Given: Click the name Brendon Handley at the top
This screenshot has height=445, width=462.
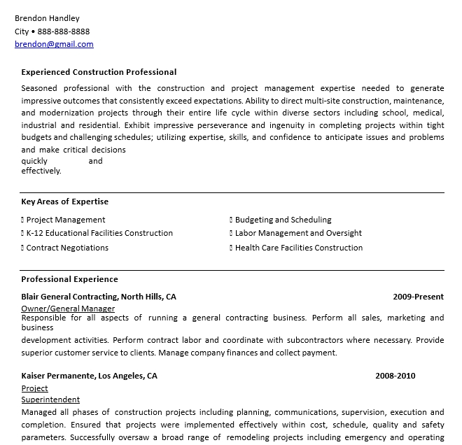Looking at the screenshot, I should click(x=47, y=18).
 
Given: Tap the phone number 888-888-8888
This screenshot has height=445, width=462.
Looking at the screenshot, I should click(x=64, y=31).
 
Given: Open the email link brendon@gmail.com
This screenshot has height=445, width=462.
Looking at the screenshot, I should click(x=54, y=44).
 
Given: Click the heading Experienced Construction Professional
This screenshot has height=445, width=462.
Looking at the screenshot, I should click(x=99, y=72).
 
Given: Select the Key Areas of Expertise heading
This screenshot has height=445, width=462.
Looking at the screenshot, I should click(x=64, y=202).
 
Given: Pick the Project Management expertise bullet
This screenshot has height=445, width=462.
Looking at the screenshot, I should click(x=66, y=220).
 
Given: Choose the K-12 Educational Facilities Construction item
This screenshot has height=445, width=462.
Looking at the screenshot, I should click(x=99, y=233).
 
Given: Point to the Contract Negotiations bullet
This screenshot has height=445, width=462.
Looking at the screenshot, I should click(x=67, y=248).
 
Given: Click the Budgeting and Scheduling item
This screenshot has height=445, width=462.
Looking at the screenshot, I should click(x=283, y=220).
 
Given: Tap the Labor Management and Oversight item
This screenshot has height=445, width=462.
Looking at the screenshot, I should click(x=298, y=233).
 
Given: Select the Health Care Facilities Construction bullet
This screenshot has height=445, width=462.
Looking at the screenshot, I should click(x=299, y=248).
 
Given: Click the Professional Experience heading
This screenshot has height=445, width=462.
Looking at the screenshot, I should click(x=69, y=279).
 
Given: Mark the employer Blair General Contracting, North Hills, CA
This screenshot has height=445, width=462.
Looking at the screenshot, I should click(x=99, y=297).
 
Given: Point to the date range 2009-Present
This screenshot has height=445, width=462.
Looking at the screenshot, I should click(x=418, y=297).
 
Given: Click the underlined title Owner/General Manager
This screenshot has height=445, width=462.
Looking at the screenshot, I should click(x=68, y=309).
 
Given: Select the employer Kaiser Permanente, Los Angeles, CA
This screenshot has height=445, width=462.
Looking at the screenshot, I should click(x=89, y=376).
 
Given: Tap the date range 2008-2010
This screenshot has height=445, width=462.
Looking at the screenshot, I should click(x=395, y=376).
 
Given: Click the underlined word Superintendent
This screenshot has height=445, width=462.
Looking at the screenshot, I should click(x=50, y=400).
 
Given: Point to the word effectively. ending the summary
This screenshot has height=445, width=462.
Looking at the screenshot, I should click(x=41, y=171).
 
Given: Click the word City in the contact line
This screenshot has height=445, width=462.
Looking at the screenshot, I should click(x=22, y=31).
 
